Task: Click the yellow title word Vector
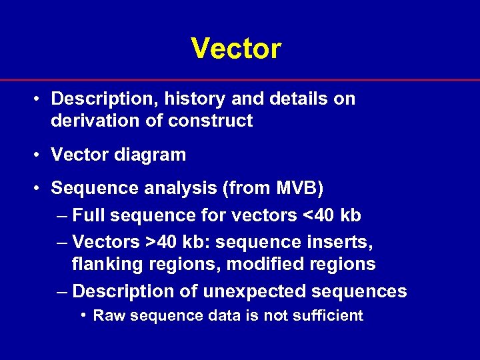click(x=236, y=48)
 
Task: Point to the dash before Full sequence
click(x=61, y=216)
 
